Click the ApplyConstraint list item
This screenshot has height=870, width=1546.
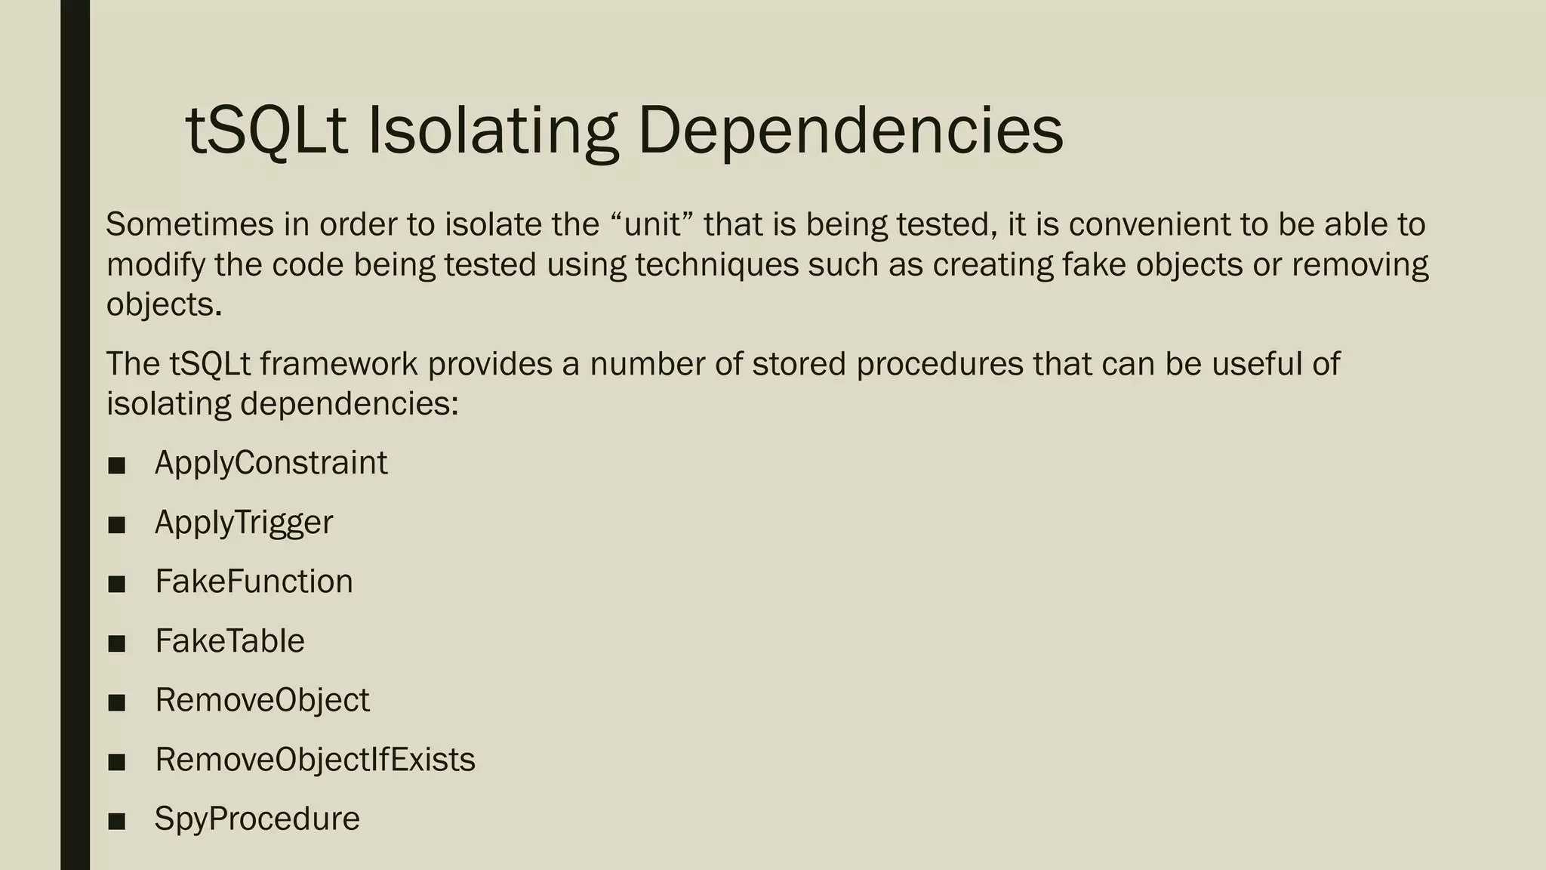271,463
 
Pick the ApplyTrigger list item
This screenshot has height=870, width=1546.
244,523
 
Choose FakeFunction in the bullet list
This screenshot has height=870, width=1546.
254,582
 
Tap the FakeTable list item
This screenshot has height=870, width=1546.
229,641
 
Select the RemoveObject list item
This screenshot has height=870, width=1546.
262,700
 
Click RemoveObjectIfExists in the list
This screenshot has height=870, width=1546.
315,760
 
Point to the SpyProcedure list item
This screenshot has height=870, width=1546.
257,819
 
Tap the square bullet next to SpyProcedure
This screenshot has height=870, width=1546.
116,822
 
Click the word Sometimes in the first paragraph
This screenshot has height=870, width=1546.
189,224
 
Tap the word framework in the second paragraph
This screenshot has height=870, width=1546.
338,364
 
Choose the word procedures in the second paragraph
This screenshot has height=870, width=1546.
939,364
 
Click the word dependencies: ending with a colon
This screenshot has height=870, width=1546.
350,404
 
